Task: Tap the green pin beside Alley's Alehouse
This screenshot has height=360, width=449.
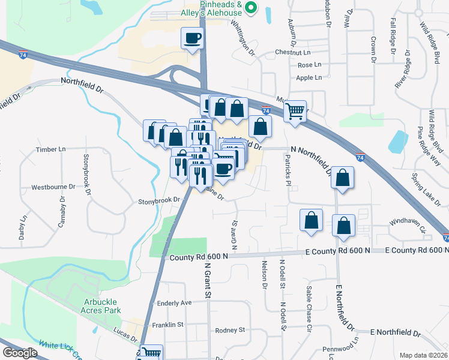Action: [x=252, y=8]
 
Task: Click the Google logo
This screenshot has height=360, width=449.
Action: [x=20, y=353]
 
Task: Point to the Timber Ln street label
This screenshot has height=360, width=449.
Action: [x=50, y=149]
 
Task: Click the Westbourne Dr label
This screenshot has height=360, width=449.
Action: [x=53, y=187]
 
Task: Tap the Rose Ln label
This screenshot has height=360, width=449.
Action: [x=309, y=65]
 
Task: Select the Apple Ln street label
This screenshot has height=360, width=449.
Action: [x=309, y=77]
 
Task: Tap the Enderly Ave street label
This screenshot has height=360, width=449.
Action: [x=174, y=303]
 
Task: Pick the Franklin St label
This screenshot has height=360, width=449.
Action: [x=167, y=325]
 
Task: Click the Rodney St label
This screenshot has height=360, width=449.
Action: [x=230, y=330]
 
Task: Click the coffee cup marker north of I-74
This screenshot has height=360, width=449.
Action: [x=192, y=38]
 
